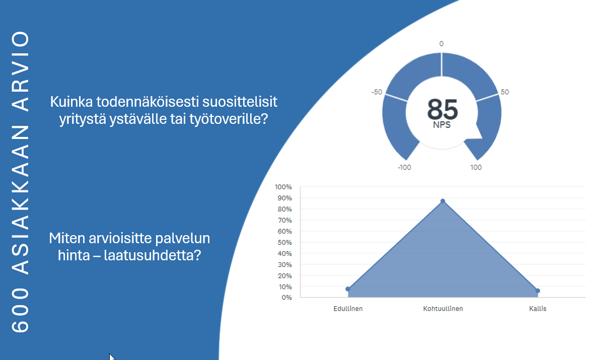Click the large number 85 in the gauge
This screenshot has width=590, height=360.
coord(443,109)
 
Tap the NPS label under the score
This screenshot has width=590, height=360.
coord(442,125)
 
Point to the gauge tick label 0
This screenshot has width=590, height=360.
coord(441,44)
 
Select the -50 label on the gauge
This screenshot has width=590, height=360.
coord(377,92)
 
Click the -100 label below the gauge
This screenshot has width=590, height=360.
coord(405,167)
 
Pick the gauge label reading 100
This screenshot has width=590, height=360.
coord(476,167)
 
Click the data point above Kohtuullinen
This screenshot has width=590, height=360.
coord(443,201)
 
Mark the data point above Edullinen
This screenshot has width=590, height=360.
coord(348,290)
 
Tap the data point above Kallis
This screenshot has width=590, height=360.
coord(538,291)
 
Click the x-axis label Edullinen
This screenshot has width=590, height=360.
coord(348,309)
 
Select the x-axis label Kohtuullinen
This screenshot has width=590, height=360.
coord(443,309)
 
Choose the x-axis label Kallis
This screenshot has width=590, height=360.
coord(538,309)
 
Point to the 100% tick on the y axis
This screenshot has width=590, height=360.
coord(283,187)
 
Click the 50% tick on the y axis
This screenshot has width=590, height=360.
coord(285,242)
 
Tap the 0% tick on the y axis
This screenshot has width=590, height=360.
coord(287,298)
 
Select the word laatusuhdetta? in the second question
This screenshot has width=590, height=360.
coord(153,255)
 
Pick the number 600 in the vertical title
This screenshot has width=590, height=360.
coord(20,310)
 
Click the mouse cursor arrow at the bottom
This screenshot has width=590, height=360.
coord(112,357)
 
